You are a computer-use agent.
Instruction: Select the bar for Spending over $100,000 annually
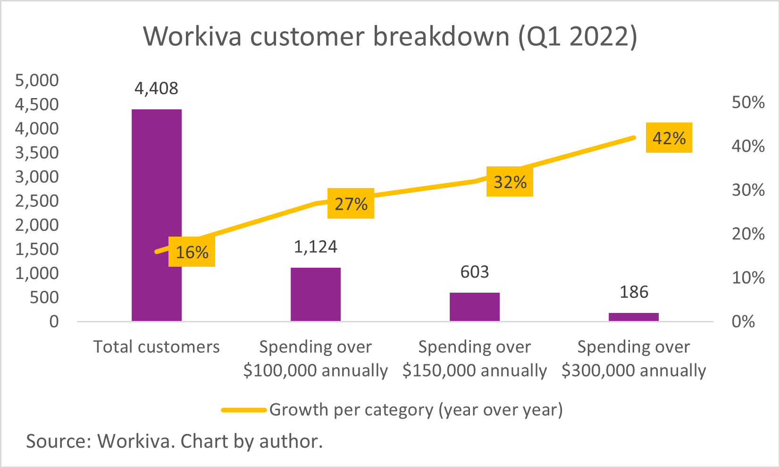315,294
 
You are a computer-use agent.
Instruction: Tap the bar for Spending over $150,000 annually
474,307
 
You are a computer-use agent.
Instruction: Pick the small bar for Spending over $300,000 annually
633,317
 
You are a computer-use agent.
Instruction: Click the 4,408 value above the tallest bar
156,89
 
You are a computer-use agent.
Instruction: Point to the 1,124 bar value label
315,247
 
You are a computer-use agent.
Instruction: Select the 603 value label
474,272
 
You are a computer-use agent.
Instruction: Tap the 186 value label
633,292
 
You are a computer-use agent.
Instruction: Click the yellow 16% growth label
192,252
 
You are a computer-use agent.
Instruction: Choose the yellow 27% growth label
351,204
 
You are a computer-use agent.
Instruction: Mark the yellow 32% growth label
510,181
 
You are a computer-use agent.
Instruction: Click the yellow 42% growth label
669,138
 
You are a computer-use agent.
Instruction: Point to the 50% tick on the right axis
747,102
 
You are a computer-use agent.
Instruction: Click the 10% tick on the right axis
747,278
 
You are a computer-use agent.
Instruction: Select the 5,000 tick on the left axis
37,80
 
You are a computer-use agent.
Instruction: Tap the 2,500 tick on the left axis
37,201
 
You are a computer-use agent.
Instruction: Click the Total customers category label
156,347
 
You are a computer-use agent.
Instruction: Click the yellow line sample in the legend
243,410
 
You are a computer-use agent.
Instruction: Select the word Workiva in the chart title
193,36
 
